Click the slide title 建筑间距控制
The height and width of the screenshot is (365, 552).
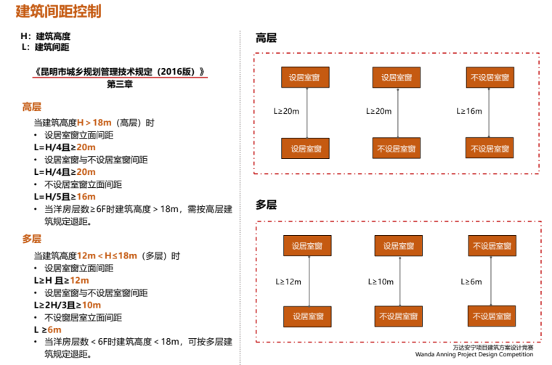pyautogui.click(x=58, y=12)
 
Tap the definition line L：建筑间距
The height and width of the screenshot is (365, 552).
pyautogui.click(x=46, y=47)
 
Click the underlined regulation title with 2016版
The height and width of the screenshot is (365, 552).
pyautogui.click(x=120, y=72)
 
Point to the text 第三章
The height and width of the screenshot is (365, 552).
pyautogui.click(x=120, y=84)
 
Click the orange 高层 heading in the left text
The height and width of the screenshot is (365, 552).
pyautogui.click(x=32, y=107)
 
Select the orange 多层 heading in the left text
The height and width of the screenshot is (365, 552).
pyautogui.click(x=32, y=239)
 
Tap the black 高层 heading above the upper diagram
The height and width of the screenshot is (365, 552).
pyautogui.click(x=266, y=38)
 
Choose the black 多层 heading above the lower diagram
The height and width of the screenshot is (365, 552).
pyautogui.click(x=266, y=205)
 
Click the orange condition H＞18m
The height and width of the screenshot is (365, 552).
pyautogui.click(x=94, y=123)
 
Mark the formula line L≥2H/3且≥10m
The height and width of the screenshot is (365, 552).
pyautogui.click(x=67, y=305)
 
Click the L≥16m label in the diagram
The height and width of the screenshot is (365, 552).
pyautogui.click(x=469, y=111)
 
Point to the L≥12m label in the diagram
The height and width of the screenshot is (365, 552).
pyautogui.click(x=288, y=282)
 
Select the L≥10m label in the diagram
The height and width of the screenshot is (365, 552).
pyautogui.click(x=381, y=282)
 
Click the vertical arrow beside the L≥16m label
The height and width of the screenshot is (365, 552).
pyautogui.click(x=490, y=112)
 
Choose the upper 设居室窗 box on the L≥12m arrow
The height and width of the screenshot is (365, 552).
pyautogui.click(x=307, y=246)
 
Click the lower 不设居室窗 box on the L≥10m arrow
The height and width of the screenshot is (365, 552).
pyautogui.click(x=399, y=316)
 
